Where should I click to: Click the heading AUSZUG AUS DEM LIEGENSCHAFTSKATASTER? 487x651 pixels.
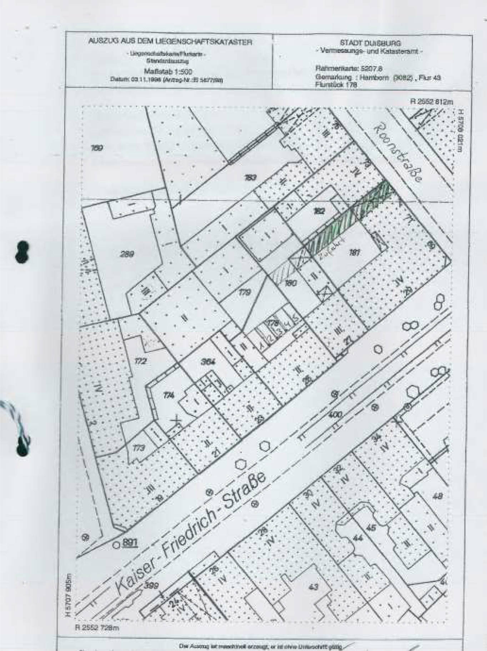coord(170,42)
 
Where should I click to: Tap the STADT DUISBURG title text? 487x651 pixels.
coord(370,44)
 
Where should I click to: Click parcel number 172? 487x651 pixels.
coord(140,361)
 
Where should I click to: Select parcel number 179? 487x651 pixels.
coord(245,292)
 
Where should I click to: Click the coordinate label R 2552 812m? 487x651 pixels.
coord(431,102)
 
